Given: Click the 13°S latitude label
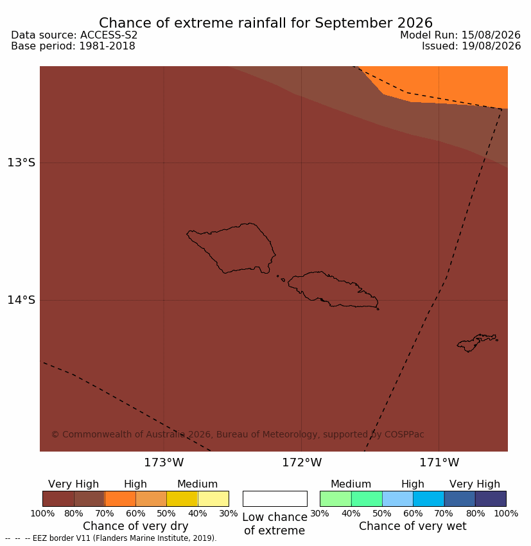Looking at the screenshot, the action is tap(21, 163).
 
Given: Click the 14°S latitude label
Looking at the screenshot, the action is tap(21, 300).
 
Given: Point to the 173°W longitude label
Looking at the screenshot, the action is tap(164, 462).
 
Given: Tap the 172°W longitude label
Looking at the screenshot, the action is tap(302, 462).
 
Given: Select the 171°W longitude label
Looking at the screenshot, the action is tap(439, 462).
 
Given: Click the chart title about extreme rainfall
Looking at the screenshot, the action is tap(266, 23).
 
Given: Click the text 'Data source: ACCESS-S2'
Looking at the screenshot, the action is tap(74, 35).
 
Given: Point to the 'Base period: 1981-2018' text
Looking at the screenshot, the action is tap(73, 46).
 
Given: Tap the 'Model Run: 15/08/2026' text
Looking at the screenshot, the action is tap(460, 35).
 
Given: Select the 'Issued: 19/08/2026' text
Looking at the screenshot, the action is tap(471, 46).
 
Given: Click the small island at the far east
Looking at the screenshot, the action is tap(477, 343).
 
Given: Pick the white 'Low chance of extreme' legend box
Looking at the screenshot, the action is tap(275, 498).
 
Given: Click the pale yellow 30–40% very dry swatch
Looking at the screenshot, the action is tap(213, 498).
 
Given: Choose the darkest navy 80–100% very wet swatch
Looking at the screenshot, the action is tap(491, 498).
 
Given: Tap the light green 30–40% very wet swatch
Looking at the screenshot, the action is tap(335, 498).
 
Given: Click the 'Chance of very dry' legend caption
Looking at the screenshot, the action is tap(135, 526).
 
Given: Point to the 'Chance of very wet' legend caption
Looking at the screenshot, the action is tap(412, 526).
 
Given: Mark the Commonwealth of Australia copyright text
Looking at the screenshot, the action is tap(238, 435).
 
